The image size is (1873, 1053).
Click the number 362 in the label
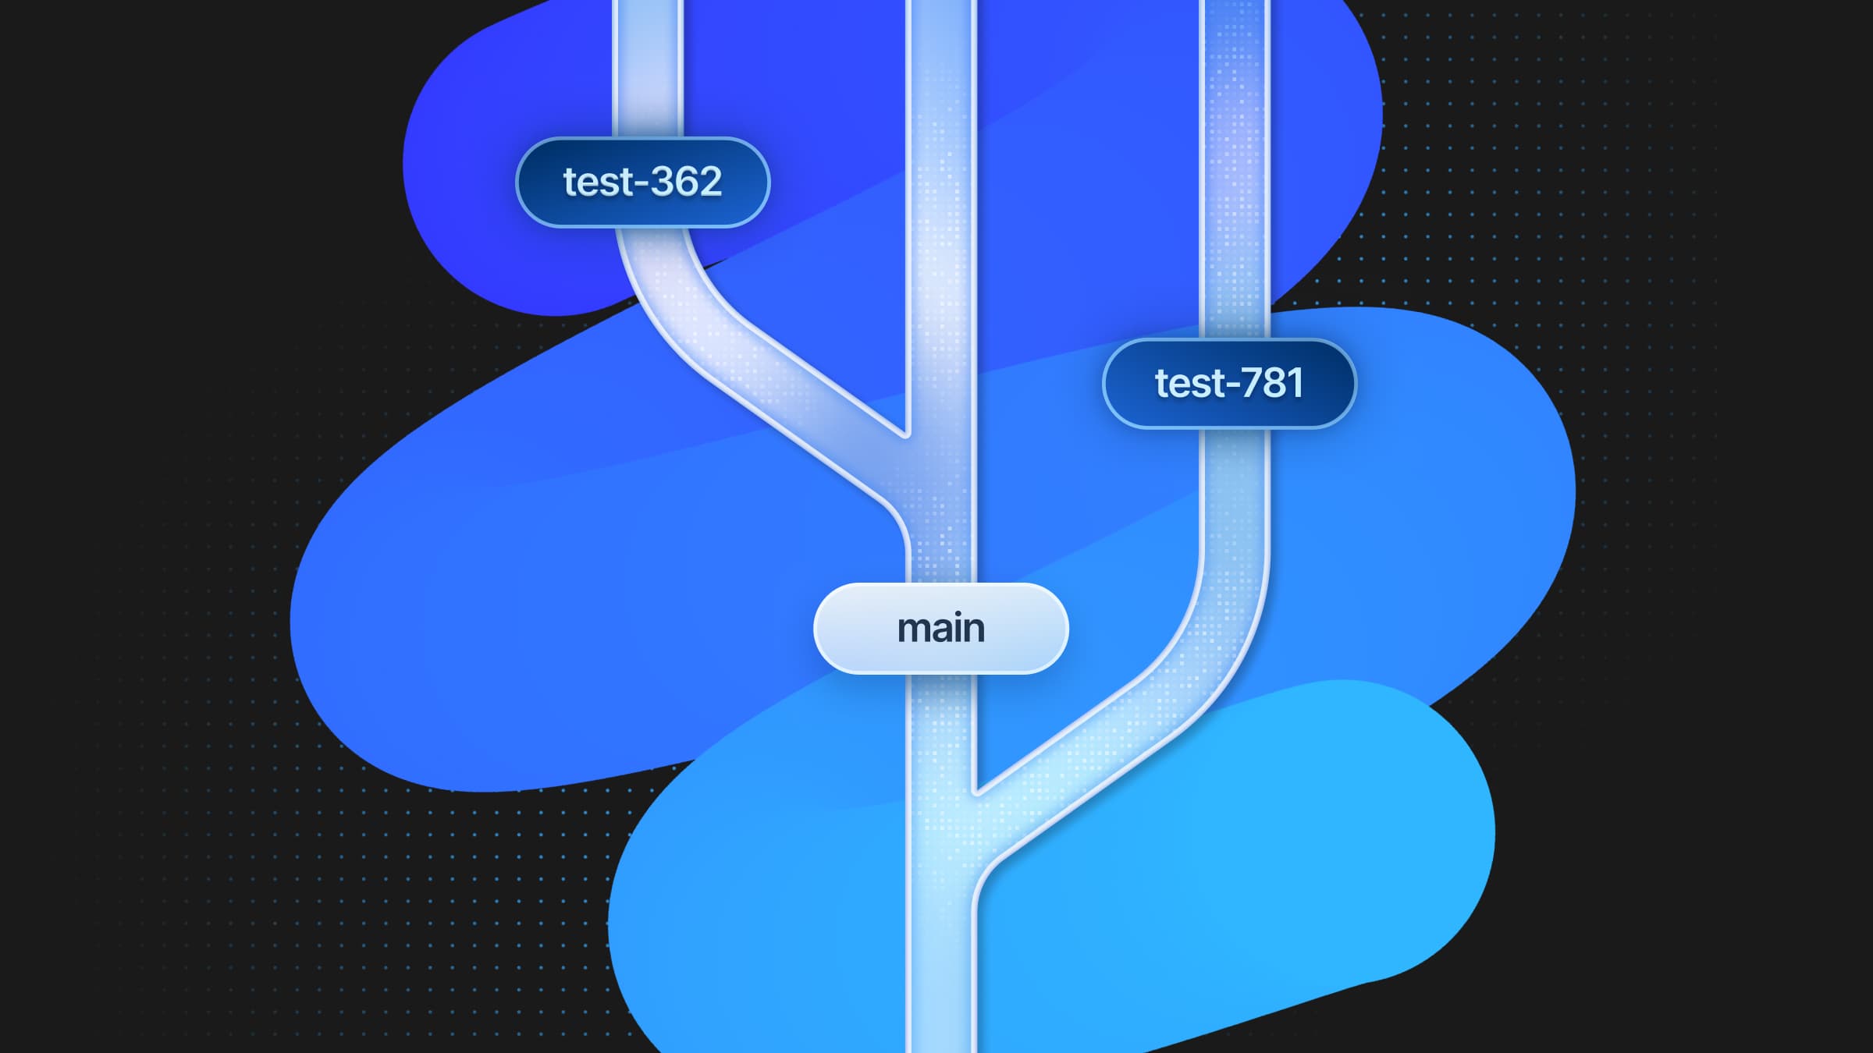(686, 182)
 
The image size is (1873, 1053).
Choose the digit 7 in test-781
(1252, 383)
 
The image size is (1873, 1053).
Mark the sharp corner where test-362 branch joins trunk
(907, 434)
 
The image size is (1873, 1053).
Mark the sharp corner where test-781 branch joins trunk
(977, 791)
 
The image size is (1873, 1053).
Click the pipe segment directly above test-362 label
(648, 70)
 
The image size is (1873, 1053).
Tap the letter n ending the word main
(973, 630)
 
